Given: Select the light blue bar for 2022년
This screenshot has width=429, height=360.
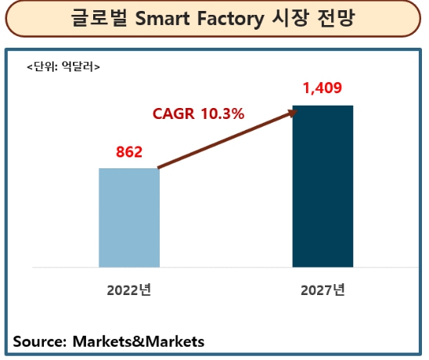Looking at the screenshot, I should tap(129, 217).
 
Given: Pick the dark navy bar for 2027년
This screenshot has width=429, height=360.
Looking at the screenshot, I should tap(323, 185).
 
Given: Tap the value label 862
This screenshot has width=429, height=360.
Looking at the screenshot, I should tap(128, 152).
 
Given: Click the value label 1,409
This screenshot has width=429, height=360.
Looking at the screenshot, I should tap(323, 88).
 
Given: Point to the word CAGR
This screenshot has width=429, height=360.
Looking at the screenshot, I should tap(174, 113).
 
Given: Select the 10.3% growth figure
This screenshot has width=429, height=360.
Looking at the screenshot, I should tap(222, 113).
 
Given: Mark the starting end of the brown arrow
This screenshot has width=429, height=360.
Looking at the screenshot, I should tap(160, 167).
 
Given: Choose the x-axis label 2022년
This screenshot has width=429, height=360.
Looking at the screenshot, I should tap(129, 290).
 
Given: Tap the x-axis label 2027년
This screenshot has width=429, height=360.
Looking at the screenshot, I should tap(323, 290).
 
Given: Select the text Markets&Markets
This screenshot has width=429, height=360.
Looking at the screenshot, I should tap(138, 341).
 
